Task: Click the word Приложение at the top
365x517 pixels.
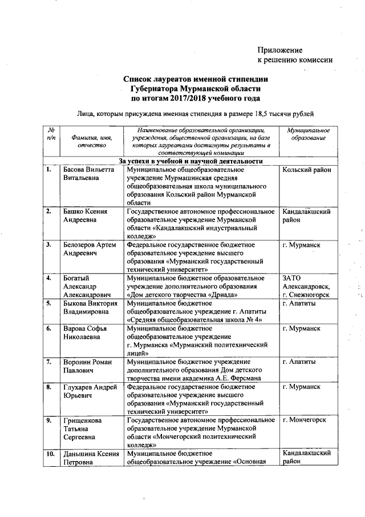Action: pyautogui.click(x=279, y=50)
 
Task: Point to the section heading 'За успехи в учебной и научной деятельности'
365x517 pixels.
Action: pyautogui.click(x=190, y=161)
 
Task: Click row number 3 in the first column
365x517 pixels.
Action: pyautogui.click(x=50, y=245)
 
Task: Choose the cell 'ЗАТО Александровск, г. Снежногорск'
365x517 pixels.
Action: pyautogui.click(x=307, y=286)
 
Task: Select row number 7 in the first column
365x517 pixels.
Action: pyautogui.click(x=50, y=362)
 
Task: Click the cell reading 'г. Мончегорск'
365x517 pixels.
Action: pyautogui.click(x=305, y=420)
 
